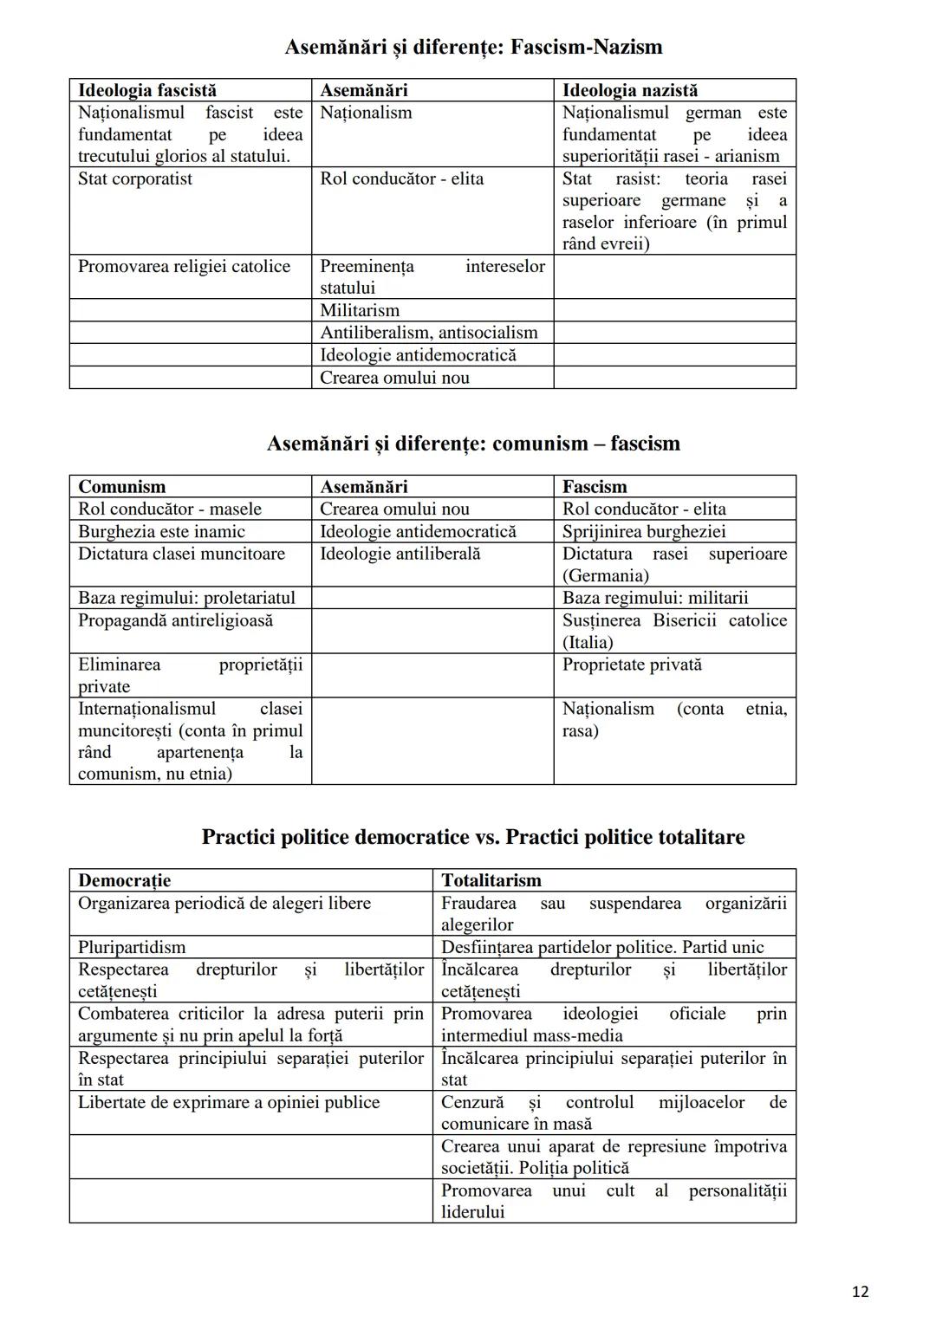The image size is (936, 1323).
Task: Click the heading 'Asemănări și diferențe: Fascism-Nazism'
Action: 473,47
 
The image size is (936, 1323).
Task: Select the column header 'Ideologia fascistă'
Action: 147,90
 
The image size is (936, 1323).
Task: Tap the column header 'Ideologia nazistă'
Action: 629,90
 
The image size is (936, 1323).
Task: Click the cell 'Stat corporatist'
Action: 135,178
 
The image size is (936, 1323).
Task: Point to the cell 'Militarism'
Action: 360,310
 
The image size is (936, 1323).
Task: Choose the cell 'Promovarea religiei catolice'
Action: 184,266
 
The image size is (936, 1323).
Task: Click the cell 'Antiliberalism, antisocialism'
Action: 428,333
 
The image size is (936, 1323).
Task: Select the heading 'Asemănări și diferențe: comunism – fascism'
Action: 473,444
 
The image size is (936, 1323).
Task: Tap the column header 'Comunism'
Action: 121,487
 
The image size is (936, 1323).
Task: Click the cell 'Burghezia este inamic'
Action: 161,531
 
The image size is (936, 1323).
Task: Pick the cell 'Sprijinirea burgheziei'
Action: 643,531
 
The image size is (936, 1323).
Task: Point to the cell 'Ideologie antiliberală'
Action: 400,554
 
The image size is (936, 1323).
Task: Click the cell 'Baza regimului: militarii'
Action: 654,598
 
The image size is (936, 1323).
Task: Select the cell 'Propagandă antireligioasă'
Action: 175,620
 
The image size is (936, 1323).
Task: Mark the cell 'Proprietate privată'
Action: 632,665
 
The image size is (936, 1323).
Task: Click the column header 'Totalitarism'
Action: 491,880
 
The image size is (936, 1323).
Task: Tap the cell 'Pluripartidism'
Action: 132,947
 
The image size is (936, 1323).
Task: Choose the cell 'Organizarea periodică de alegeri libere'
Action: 224,903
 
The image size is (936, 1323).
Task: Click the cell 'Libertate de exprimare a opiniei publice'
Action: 229,1102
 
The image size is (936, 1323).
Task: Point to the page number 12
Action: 859,1292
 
